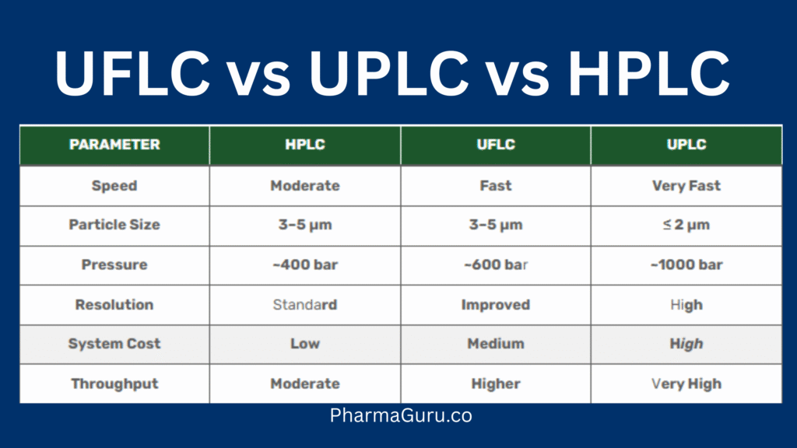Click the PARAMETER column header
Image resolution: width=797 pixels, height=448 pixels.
pyautogui.click(x=114, y=145)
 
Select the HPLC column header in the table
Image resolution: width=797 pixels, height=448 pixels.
pyautogui.click(x=305, y=145)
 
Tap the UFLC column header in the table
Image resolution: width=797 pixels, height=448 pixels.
pyautogui.click(x=496, y=145)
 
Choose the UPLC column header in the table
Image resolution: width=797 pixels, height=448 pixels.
pyautogui.click(x=686, y=145)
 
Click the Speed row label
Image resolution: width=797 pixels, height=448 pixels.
pyautogui.click(x=114, y=186)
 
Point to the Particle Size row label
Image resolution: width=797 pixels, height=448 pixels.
pyautogui.click(x=114, y=225)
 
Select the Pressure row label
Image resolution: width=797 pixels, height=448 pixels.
pyautogui.click(x=114, y=265)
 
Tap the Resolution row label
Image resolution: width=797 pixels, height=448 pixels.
pyautogui.click(x=114, y=305)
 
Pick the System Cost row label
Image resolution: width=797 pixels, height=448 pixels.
pyautogui.click(x=114, y=344)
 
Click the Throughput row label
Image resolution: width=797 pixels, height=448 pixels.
pyautogui.click(x=114, y=383)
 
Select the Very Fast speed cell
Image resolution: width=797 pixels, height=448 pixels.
pyautogui.click(x=686, y=186)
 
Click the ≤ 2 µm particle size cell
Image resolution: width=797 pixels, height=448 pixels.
pyautogui.click(x=686, y=225)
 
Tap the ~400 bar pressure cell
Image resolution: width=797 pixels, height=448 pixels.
pyautogui.click(x=305, y=265)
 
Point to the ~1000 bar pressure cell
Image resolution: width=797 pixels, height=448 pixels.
pyautogui.click(x=686, y=265)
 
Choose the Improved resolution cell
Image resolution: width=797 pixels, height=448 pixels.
pyautogui.click(x=496, y=305)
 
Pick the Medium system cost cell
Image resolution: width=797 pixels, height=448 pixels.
pyautogui.click(x=496, y=344)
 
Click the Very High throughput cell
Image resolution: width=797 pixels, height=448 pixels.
pyautogui.click(x=686, y=383)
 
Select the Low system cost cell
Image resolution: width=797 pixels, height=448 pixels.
pyautogui.click(x=305, y=344)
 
